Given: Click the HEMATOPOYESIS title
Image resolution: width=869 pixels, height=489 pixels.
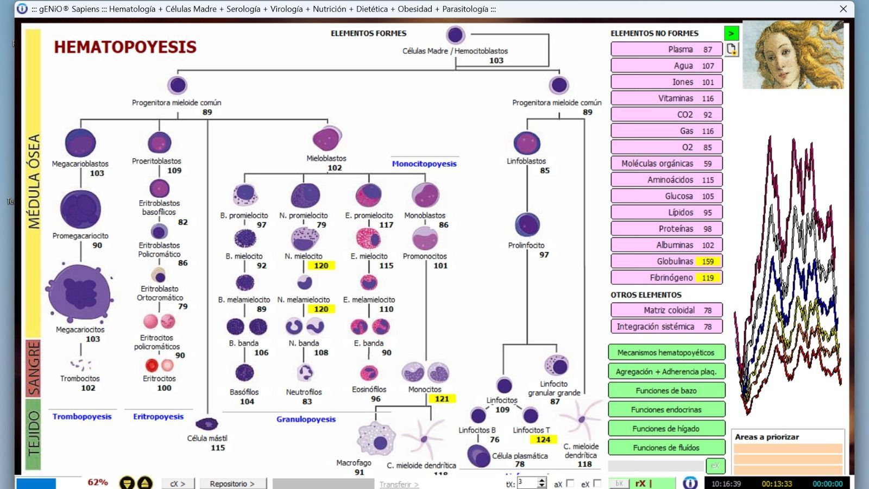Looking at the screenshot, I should [x=125, y=47].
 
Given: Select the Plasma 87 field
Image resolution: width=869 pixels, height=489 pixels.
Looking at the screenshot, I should [x=666, y=49].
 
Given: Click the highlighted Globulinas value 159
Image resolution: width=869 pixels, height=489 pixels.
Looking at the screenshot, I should [x=708, y=261].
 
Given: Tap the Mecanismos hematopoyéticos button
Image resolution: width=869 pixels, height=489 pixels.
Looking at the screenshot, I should [x=666, y=353].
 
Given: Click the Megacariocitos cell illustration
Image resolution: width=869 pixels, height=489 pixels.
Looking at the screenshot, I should [x=80, y=293].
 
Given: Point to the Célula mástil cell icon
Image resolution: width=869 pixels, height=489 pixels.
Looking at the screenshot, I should [x=206, y=424].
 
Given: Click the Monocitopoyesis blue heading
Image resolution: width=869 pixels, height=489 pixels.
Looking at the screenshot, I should [x=424, y=164].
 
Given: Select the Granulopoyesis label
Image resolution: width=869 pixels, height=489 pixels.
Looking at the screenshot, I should [x=306, y=419].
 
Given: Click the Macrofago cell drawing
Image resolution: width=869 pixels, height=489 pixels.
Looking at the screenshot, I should [x=376, y=439].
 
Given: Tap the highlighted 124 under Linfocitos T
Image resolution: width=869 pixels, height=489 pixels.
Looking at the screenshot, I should [x=543, y=440].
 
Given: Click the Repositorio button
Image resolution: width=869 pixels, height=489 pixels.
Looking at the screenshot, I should [x=232, y=484].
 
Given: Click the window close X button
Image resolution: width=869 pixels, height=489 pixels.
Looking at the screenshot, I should [x=843, y=9].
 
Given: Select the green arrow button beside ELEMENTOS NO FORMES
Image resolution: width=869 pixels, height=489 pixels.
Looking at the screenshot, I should [x=731, y=33].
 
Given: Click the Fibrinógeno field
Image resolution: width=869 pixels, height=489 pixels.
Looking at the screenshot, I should [x=666, y=278].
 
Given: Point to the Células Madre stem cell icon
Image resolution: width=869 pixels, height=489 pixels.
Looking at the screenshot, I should [x=455, y=35].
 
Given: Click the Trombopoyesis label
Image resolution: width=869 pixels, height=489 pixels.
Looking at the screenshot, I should [x=82, y=416].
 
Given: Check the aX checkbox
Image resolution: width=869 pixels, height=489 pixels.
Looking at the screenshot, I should [x=570, y=483].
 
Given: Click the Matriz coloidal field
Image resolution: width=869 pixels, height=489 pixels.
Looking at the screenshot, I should [x=666, y=310].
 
